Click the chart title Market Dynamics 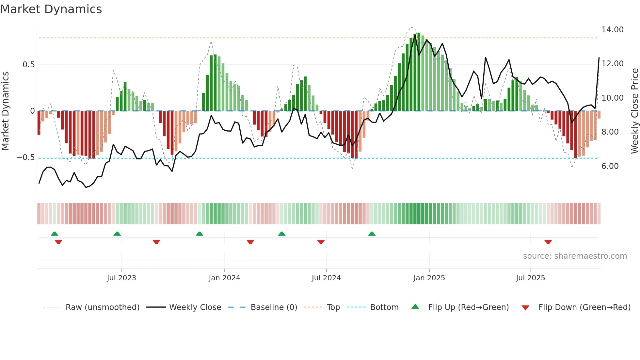point(51,9)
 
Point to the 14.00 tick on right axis point(612,30)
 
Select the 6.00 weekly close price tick point(610,166)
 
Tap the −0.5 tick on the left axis point(26,157)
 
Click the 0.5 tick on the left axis point(28,65)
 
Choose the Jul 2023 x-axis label point(121,278)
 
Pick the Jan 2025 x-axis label point(429,278)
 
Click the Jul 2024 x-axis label point(326,278)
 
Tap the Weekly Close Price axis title point(634,111)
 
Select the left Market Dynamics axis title point(5,111)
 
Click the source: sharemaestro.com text point(575,256)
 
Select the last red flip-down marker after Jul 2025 point(548,242)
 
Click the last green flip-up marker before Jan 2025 point(372,234)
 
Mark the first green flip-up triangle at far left point(55,234)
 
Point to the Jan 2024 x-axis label point(224,278)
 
